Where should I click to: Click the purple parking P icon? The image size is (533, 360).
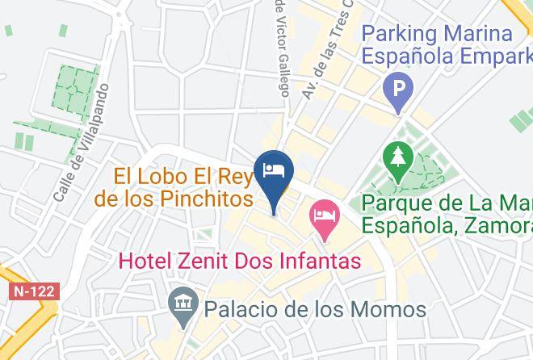397,85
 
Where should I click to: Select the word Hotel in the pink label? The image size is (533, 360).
146,262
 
